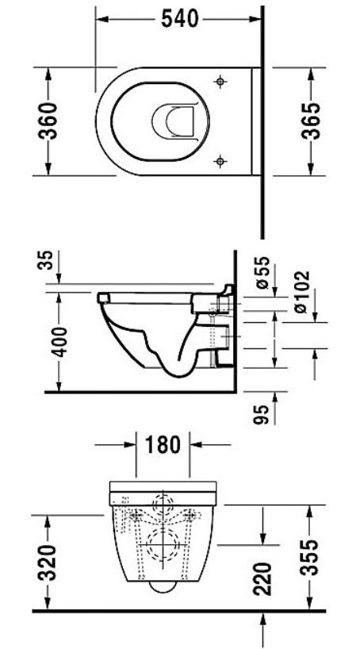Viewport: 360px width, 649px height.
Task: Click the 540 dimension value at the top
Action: tap(179, 19)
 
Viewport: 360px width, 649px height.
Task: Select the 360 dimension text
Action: tap(47, 121)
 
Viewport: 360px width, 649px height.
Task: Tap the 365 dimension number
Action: tap(310, 121)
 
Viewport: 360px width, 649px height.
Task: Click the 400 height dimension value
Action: tap(60, 342)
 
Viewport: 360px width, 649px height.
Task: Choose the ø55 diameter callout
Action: tap(262, 272)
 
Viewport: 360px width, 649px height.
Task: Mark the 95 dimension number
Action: tap(262, 414)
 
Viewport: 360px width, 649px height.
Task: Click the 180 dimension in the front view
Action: tap(163, 444)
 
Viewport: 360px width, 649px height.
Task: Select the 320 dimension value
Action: tap(47, 563)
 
